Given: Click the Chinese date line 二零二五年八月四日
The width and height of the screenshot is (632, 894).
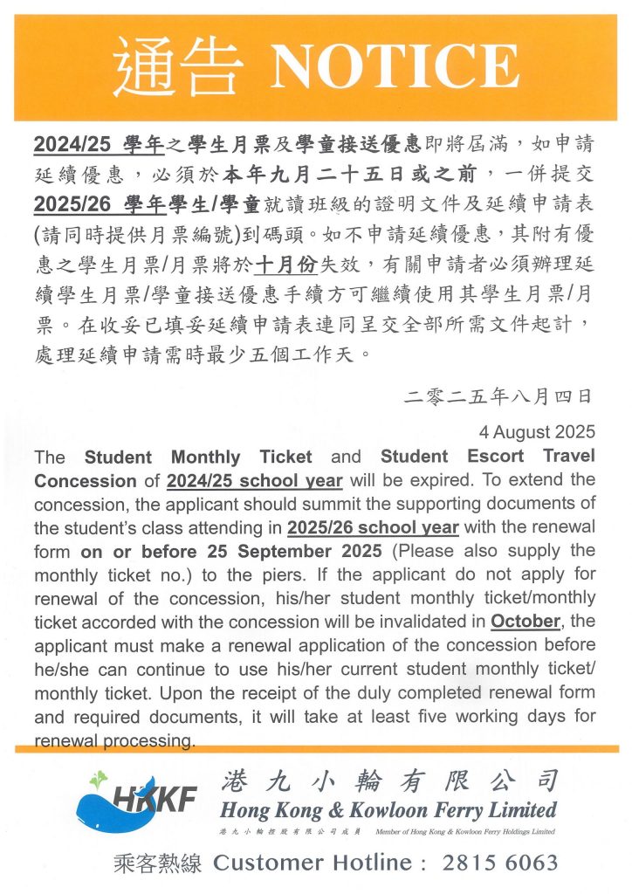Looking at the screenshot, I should [x=500, y=396].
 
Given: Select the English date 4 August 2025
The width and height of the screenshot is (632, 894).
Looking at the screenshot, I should [x=537, y=432].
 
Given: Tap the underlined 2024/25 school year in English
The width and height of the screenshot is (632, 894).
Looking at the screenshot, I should [x=254, y=480].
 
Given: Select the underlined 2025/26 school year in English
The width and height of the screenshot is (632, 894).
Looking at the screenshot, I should [x=373, y=527].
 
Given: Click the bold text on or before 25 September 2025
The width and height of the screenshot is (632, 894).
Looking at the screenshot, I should [x=230, y=551].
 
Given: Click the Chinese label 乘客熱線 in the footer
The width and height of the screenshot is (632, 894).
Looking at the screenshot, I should [x=158, y=863].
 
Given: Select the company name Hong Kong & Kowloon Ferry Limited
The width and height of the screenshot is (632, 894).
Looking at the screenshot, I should [x=388, y=808].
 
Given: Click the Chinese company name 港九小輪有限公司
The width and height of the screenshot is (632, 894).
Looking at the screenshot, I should [x=388, y=779].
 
